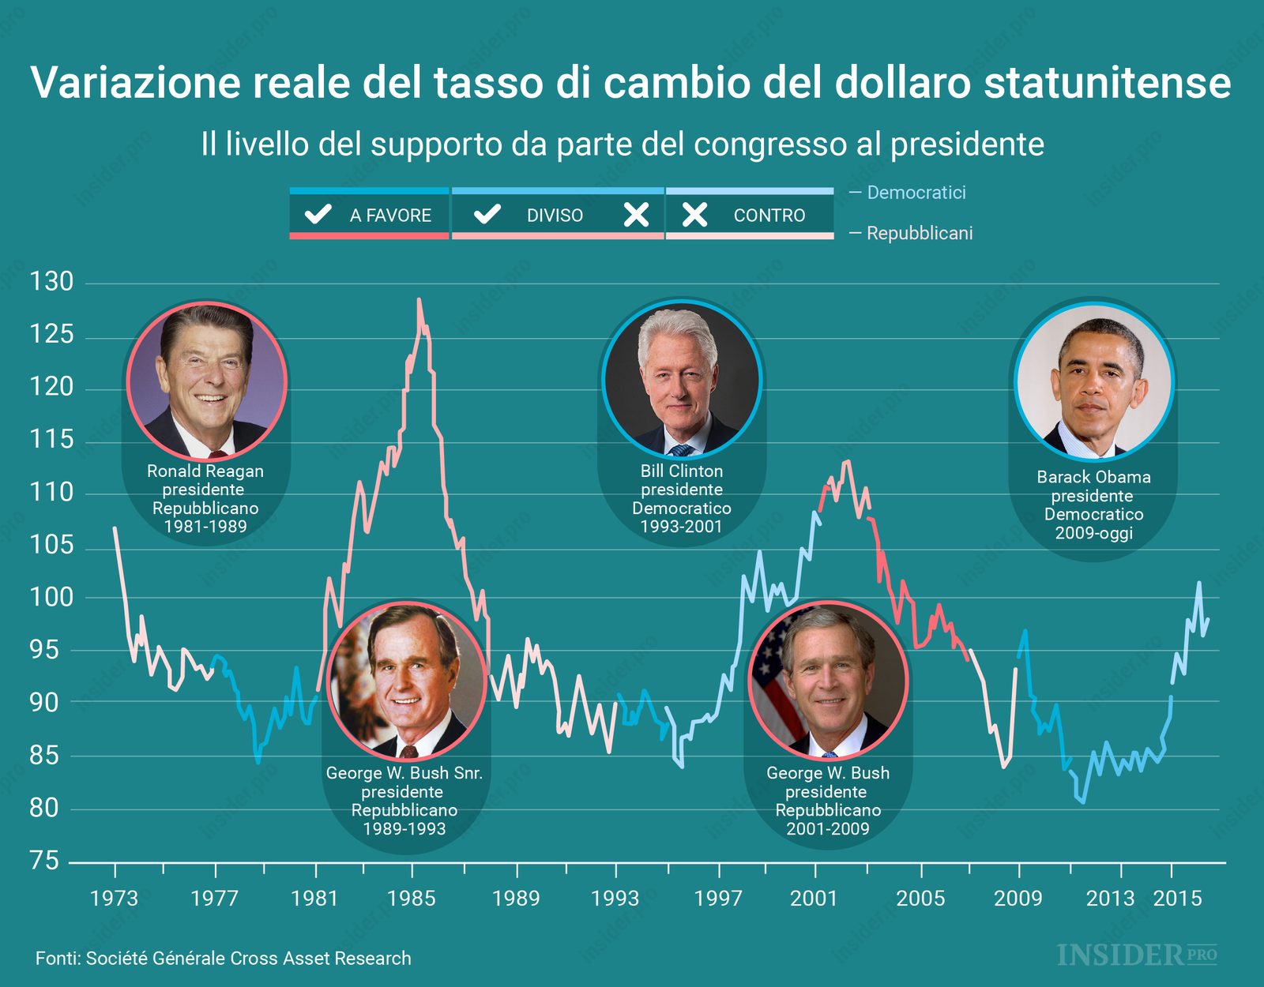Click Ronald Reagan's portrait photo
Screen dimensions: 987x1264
(x=206, y=381)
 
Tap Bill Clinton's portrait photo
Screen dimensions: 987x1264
(x=681, y=380)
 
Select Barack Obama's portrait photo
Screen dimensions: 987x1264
(x=1094, y=381)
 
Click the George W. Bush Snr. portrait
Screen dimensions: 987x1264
(x=407, y=681)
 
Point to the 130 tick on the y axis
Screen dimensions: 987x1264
(x=51, y=282)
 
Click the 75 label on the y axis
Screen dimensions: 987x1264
(x=44, y=861)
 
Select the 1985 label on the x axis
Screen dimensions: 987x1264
(x=411, y=899)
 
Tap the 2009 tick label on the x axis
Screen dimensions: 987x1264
(x=1018, y=899)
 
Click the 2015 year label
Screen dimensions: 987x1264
(x=1177, y=899)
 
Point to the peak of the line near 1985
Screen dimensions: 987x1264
(x=419, y=300)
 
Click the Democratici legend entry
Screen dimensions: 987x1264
(x=916, y=193)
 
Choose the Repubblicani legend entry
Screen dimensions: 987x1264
(x=919, y=234)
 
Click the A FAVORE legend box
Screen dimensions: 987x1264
(x=370, y=215)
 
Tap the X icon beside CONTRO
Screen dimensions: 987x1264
(x=694, y=215)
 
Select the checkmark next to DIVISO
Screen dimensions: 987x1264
(x=487, y=214)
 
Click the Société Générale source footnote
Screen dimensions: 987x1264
(x=224, y=959)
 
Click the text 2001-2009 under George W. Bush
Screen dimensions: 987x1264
(x=827, y=829)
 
